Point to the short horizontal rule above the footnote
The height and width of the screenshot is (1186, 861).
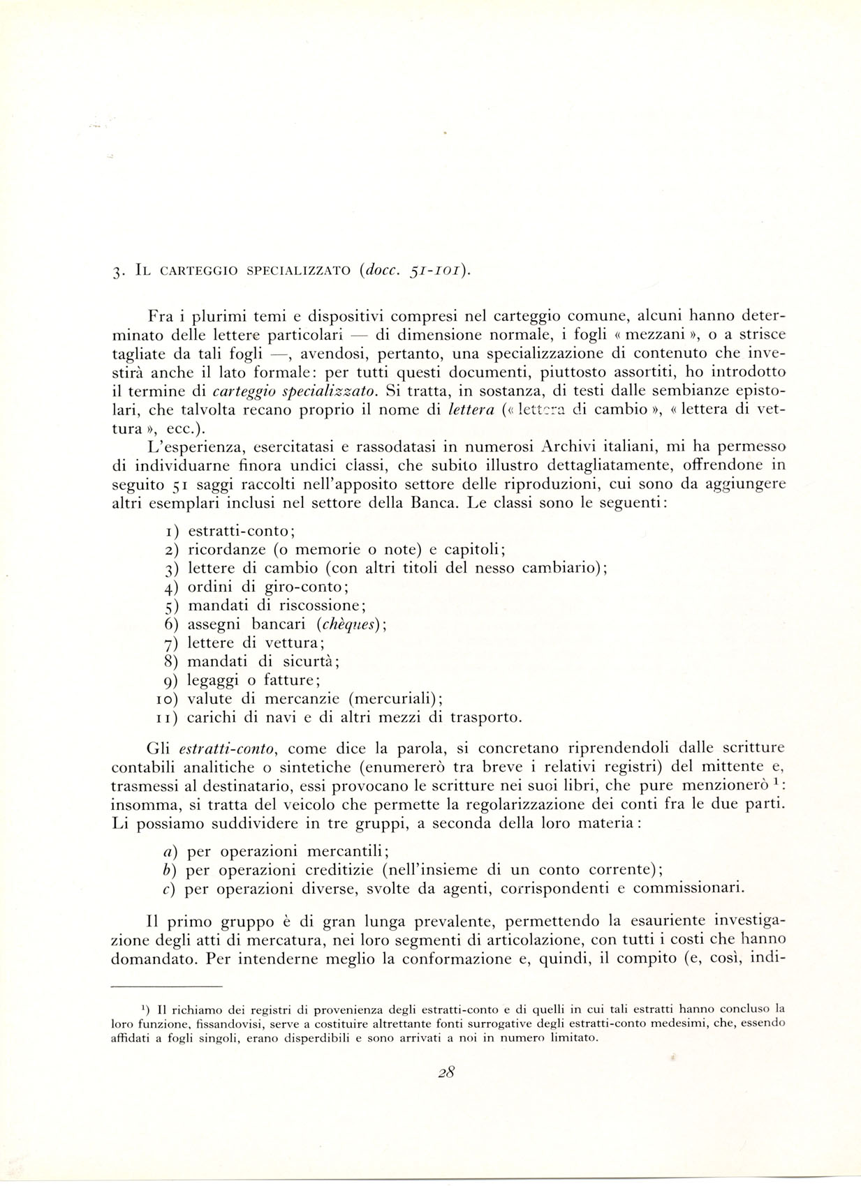click(x=166, y=986)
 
